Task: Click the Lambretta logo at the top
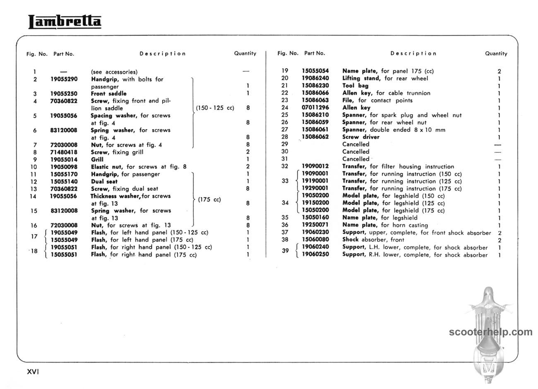click(x=65, y=22)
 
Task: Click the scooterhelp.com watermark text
click(x=491, y=332)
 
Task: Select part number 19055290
click(x=64, y=79)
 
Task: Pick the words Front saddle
click(x=109, y=94)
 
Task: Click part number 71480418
click(x=64, y=152)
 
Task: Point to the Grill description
click(x=97, y=159)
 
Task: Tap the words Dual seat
click(x=104, y=181)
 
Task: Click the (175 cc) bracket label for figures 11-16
click(x=209, y=199)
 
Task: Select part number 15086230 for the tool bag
click(x=315, y=86)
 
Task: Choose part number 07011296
click(x=315, y=108)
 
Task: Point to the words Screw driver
click(x=361, y=137)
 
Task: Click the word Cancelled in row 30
click(x=355, y=151)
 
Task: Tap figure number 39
click(x=285, y=251)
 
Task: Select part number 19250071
click(x=315, y=225)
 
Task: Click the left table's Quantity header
click(x=245, y=53)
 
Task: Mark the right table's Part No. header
click(x=315, y=53)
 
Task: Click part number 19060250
click(x=315, y=255)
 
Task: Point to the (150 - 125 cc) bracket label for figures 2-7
click(x=215, y=108)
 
